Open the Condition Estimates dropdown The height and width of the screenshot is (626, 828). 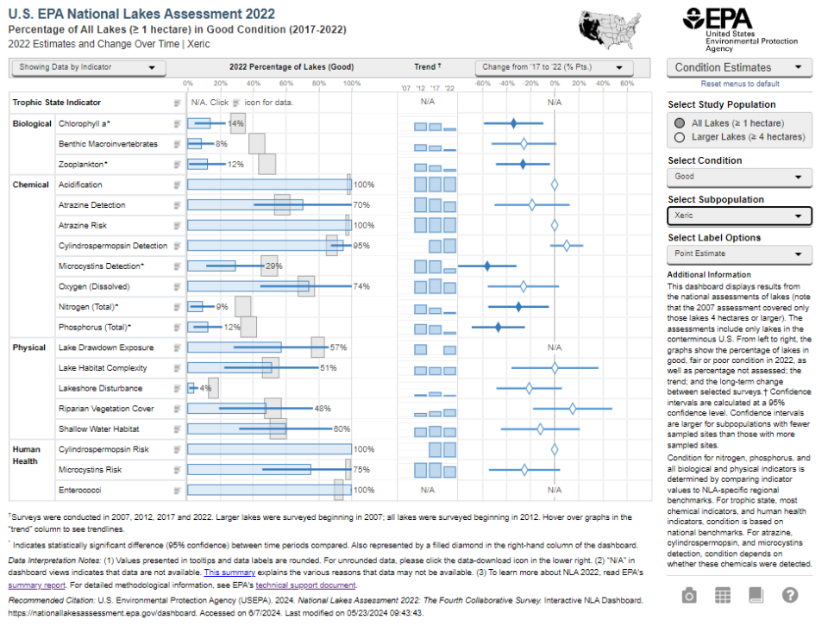click(x=739, y=67)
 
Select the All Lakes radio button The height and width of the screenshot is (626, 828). click(x=681, y=123)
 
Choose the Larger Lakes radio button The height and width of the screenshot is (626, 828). click(x=681, y=136)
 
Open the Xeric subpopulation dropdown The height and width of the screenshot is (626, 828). click(x=739, y=216)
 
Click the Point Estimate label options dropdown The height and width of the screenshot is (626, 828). click(x=739, y=254)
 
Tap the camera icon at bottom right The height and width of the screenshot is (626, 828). click(x=688, y=595)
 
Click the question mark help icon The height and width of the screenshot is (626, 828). click(x=789, y=595)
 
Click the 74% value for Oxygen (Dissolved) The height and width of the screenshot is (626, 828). click(x=362, y=286)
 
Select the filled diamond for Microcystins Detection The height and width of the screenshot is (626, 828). click(x=487, y=266)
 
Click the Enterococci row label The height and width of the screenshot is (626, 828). click(x=80, y=490)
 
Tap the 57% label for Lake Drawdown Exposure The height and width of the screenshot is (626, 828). click(x=338, y=347)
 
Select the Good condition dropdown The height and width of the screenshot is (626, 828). click(x=739, y=178)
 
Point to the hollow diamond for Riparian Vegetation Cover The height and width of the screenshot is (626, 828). click(x=572, y=409)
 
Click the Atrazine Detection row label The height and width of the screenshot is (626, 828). click(x=91, y=205)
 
